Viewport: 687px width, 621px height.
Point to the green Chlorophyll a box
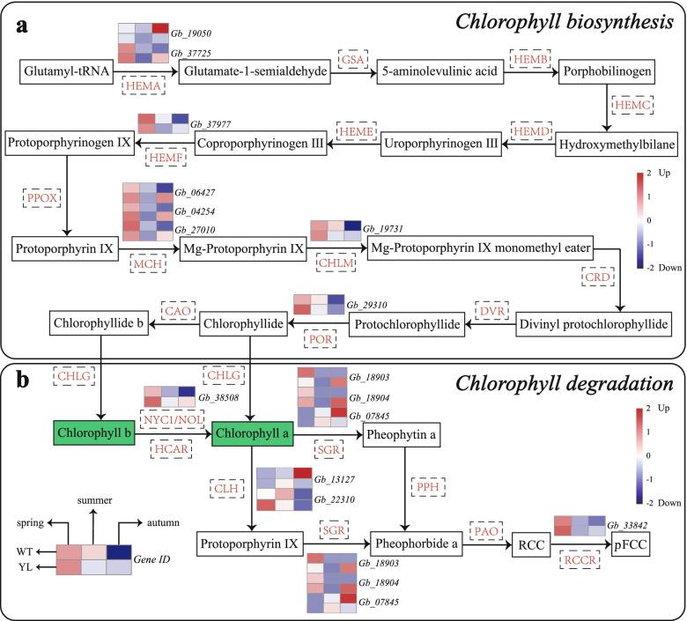point(251,432)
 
